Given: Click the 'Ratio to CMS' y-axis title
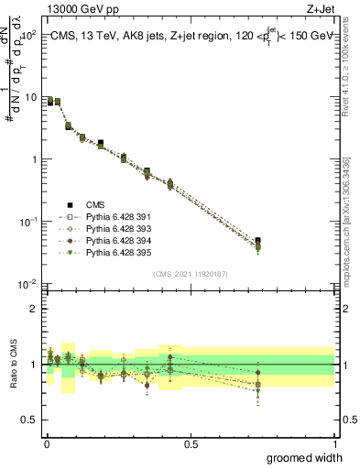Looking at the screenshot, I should (13, 365).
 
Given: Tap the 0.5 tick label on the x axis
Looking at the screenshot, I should (191, 443).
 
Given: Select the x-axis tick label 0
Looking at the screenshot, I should (46, 443).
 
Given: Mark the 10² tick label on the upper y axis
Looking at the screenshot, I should (29, 35).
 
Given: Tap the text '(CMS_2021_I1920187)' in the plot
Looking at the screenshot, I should (190, 274).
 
